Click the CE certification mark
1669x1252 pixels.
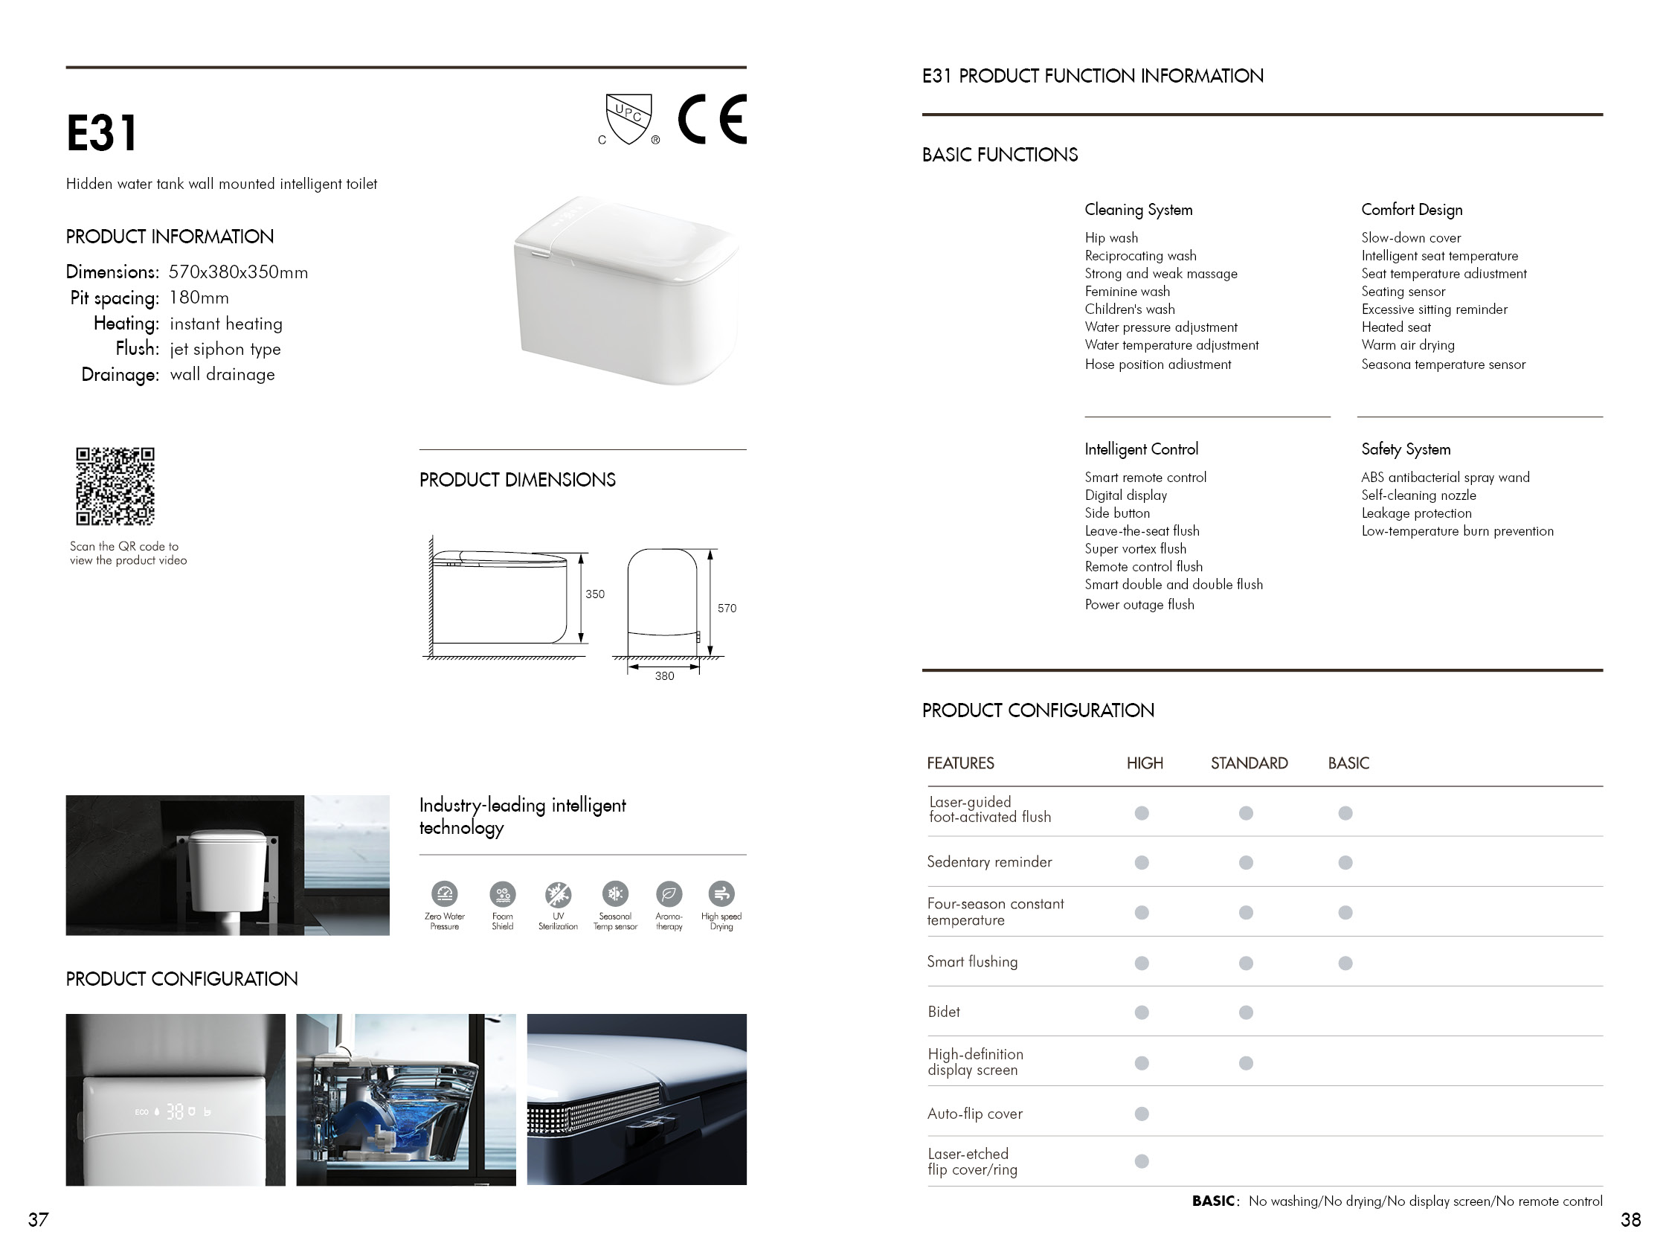pyautogui.click(x=712, y=119)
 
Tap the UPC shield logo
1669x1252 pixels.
pyautogui.click(x=628, y=118)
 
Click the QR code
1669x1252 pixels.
pyautogui.click(x=115, y=486)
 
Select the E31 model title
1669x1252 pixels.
pyautogui.click(x=102, y=134)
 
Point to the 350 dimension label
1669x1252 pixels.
pyautogui.click(x=594, y=594)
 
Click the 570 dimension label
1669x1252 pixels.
pyautogui.click(x=727, y=609)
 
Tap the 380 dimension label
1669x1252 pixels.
pyautogui.click(x=664, y=676)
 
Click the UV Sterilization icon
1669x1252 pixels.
pyautogui.click(x=559, y=895)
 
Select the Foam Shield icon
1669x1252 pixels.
pyautogui.click(x=503, y=895)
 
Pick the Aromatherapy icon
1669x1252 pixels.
pyautogui.click(x=669, y=895)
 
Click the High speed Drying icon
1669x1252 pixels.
pyautogui.click(x=721, y=894)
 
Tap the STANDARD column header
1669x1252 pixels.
pyautogui.click(x=1249, y=763)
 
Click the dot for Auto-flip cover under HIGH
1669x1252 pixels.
pyautogui.click(x=1142, y=1114)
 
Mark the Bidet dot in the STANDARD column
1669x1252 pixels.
pyautogui.click(x=1246, y=1012)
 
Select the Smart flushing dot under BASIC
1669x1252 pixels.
pyautogui.click(x=1345, y=963)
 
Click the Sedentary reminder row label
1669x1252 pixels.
pyautogui.click(x=989, y=862)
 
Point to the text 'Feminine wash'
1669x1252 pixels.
pyautogui.click(x=1128, y=292)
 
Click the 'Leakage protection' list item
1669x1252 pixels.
pyautogui.click(x=1416, y=513)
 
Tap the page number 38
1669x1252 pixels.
pyautogui.click(x=1630, y=1219)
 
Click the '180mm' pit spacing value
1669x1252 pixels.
pyautogui.click(x=199, y=298)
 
